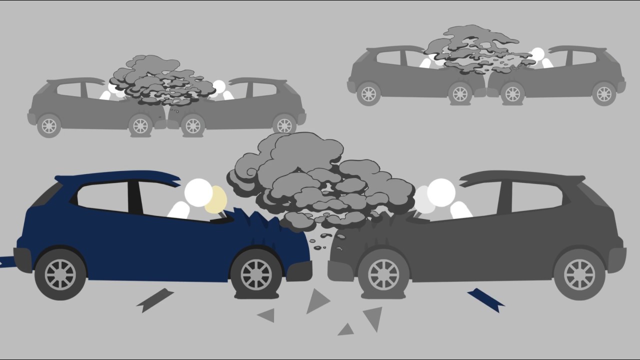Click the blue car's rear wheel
pyautogui.click(x=60, y=274)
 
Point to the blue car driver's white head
pyautogui.click(x=198, y=192)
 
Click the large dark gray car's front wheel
pyautogui.click(x=383, y=274)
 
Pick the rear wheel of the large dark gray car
pyautogui.click(x=579, y=274)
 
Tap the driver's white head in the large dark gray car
pyautogui.click(x=441, y=192)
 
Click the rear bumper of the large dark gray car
pyautogui.click(x=620, y=258)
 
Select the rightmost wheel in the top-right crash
pyautogui.click(x=604, y=93)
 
